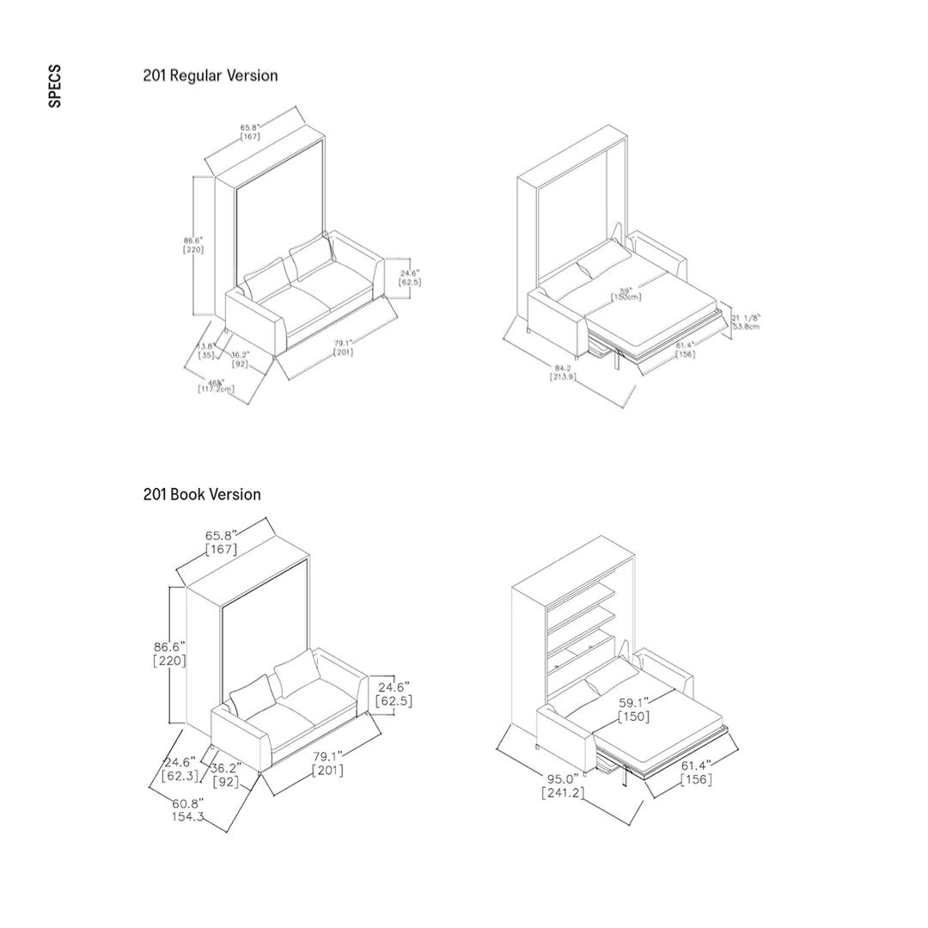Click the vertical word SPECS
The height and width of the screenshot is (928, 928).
click(55, 86)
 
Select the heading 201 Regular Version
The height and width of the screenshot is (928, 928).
click(211, 76)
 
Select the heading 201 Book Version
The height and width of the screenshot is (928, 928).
click(202, 494)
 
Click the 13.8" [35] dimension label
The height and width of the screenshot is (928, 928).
click(206, 350)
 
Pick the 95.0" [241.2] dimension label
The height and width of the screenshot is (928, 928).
click(564, 785)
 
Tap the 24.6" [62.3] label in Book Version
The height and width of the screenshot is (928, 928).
click(180, 768)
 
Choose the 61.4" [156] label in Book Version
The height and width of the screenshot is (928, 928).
click(696, 772)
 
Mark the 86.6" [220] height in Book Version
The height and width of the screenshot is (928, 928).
click(169, 653)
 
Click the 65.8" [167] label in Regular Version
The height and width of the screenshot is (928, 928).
click(251, 131)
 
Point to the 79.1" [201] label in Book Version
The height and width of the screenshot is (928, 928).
click(327, 763)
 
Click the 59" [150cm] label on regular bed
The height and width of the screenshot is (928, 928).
click(626, 293)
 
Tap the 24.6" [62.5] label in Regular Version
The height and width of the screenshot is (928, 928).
click(410, 276)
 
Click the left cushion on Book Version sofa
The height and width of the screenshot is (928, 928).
click(252, 694)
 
